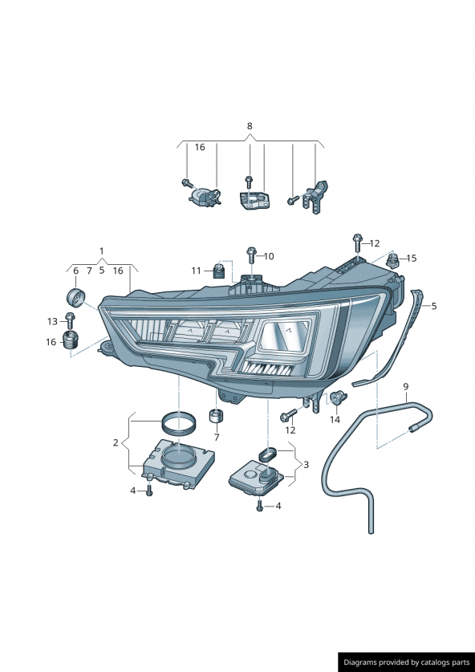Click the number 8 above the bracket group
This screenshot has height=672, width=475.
click(250, 126)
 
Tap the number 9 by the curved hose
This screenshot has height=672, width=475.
click(406, 386)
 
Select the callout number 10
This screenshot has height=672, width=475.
click(269, 256)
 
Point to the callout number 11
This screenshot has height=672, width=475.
click(196, 271)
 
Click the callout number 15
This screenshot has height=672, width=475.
click(411, 258)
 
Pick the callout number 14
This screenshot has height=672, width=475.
click(335, 420)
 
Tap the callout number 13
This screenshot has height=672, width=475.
click(52, 321)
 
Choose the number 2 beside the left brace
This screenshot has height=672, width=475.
click(116, 442)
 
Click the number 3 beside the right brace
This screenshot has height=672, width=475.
click(306, 465)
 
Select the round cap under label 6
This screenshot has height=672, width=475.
click(76, 297)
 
